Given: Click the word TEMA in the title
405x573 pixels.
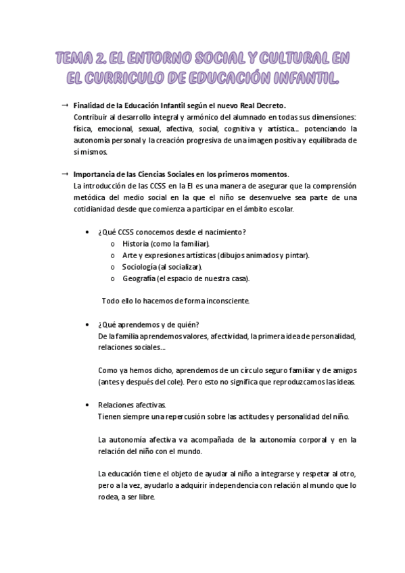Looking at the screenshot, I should (74, 57).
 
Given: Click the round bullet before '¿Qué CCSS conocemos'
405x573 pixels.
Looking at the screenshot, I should (91, 232).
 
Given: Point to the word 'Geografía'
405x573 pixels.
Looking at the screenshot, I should (140, 278).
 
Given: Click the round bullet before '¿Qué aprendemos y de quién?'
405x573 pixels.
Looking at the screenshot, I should (91, 324).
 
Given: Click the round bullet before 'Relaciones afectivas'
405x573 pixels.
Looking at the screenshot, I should (91, 404).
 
